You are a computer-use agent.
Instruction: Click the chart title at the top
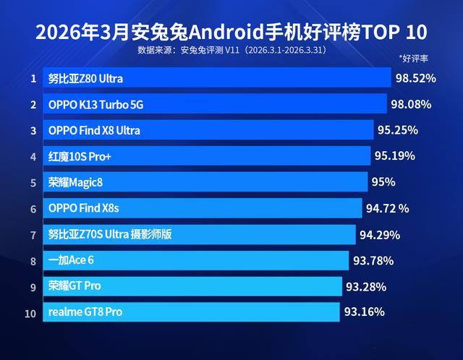(231, 33)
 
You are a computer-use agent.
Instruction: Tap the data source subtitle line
(231, 51)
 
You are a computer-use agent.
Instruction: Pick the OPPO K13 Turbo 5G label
(96, 105)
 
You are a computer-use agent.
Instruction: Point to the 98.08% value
(411, 104)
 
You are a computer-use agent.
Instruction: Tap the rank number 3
(33, 131)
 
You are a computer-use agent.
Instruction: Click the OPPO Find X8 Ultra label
(94, 131)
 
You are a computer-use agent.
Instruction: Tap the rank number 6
(33, 209)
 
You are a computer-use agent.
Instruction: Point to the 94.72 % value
(388, 208)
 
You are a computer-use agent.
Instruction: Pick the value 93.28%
(365, 286)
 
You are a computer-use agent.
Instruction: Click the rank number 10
(30, 312)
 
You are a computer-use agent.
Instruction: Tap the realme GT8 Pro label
(85, 312)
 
